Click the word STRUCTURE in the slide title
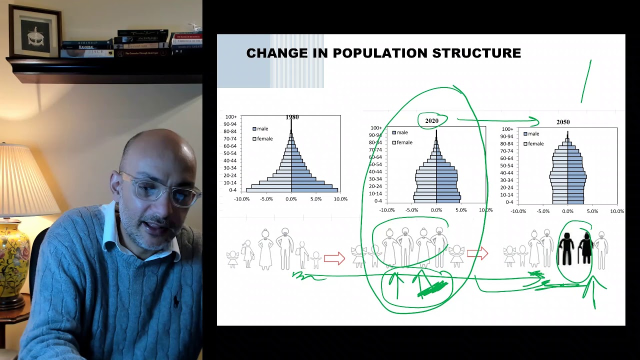(480, 53)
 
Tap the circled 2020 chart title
(431, 121)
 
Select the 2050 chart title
(563, 122)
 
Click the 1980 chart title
(292, 117)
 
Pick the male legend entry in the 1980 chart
(260, 129)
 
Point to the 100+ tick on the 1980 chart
(230, 117)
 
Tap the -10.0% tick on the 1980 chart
(241, 199)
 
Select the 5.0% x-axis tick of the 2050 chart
(592, 211)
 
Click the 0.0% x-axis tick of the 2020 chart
(436, 210)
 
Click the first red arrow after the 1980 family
(334, 258)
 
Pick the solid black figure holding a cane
(584, 248)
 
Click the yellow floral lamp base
(13, 259)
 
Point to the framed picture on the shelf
(35, 30)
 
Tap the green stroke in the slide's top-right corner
(586, 81)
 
